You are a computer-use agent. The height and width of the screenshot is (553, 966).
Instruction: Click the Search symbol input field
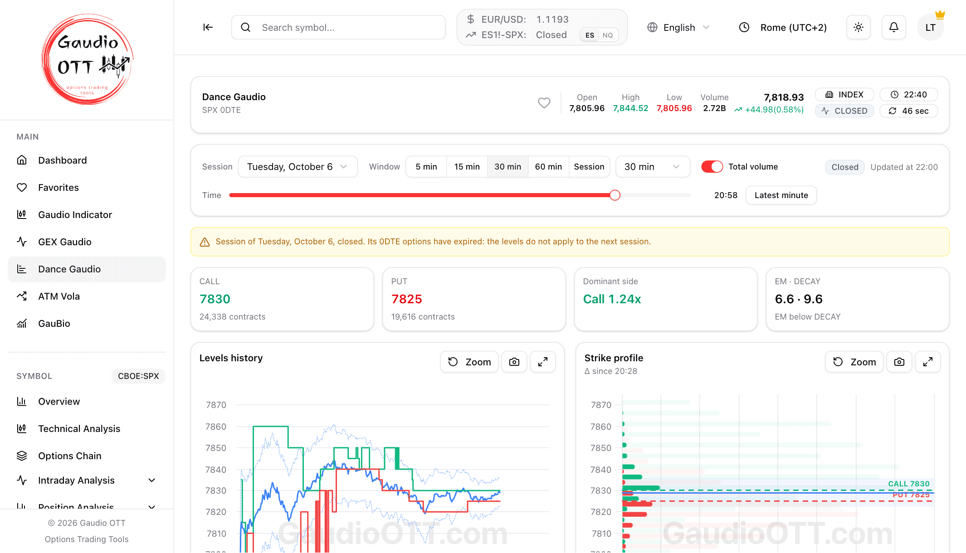[338, 28]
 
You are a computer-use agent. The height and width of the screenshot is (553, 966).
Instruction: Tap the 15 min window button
[467, 167]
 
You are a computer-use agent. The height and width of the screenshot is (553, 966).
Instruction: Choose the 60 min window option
[548, 167]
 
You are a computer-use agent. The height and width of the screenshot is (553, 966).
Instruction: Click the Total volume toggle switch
[712, 167]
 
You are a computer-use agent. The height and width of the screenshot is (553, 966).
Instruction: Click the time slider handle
[615, 195]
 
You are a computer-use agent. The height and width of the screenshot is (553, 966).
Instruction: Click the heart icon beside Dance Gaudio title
[544, 103]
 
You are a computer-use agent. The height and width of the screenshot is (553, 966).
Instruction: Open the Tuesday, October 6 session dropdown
[298, 167]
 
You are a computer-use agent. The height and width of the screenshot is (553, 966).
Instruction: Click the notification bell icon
[893, 28]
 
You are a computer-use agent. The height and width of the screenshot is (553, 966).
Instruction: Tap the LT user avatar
[930, 28]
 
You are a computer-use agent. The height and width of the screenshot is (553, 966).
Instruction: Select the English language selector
[678, 28]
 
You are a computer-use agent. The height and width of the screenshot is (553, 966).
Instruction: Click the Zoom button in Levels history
[469, 362]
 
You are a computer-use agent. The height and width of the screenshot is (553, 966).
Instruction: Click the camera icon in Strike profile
[899, 362]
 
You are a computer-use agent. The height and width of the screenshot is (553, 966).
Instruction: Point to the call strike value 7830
[215, 299]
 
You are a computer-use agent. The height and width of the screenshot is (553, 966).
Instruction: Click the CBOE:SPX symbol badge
[138, 376]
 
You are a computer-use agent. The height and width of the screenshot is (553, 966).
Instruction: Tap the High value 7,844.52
[630, 108]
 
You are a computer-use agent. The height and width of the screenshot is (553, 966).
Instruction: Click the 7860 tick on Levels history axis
[216, 427]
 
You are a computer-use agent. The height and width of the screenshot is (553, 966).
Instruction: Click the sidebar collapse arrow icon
[208, 28]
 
